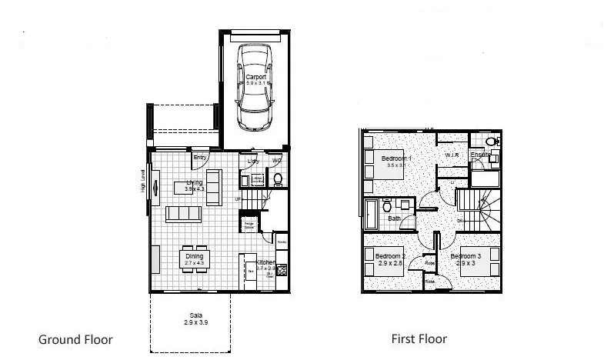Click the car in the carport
[255, 88]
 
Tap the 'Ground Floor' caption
[75, 339]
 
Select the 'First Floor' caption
[419, 339]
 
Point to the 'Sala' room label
[197, 315]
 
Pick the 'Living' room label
[194, 182]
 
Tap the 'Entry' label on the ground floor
[200, 158]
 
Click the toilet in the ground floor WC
[278, 180]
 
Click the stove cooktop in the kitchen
[282, 271]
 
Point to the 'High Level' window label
[143, 182]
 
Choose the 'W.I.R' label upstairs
[452, 155]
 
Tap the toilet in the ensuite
[493, 142]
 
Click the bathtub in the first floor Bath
[370, 214]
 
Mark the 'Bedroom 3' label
[466, 256]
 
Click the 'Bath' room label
[395, 218]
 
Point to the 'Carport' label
[255, 77]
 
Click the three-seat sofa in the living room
[184, 213]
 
